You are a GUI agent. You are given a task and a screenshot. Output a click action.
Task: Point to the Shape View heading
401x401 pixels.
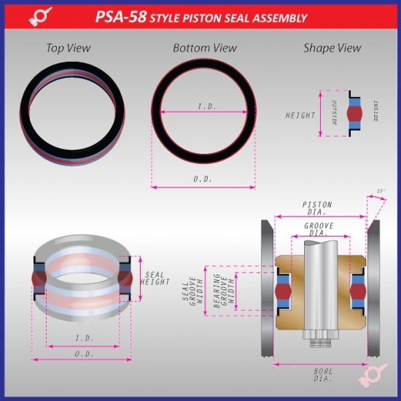click(332, 48)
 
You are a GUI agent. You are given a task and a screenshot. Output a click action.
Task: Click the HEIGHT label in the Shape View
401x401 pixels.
click(300, 115)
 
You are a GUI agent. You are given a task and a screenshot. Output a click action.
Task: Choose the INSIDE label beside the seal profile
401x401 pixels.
click(375, 115)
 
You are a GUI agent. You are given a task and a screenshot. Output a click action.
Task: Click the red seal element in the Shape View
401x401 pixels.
click(354, 115)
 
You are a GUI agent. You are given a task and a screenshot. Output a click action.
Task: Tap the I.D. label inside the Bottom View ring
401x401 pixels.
click(206, 106)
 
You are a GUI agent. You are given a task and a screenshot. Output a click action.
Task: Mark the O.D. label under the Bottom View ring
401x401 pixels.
click(205, 178)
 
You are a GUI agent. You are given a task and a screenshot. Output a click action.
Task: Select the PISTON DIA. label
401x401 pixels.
click(319, 206)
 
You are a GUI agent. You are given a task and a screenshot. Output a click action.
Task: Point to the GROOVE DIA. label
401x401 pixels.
click(319, 230)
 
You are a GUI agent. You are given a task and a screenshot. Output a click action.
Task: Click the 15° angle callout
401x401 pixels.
click(380, 192)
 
